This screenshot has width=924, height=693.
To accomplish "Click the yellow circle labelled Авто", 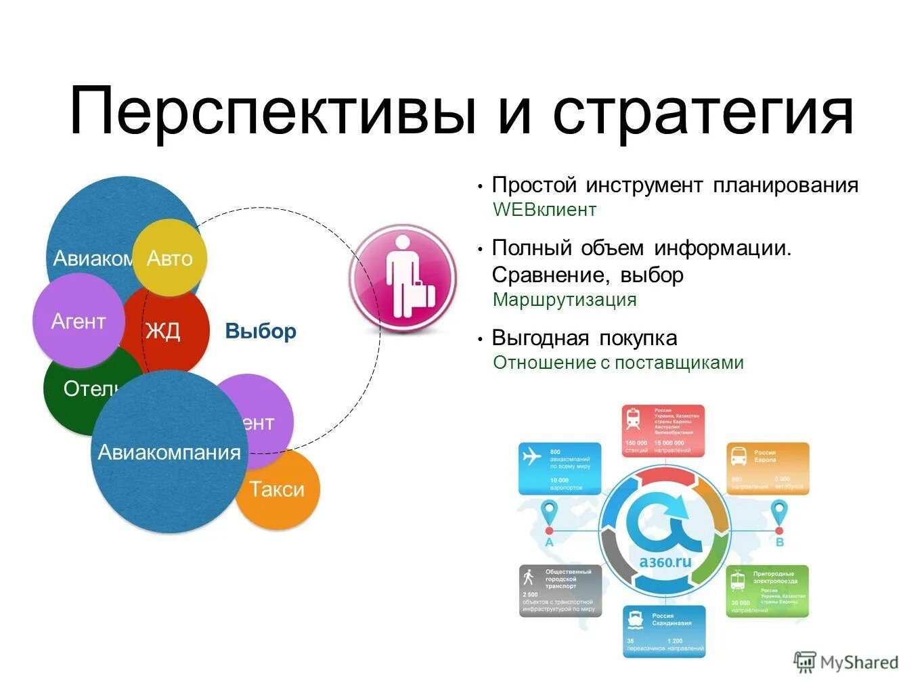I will coord(169,258).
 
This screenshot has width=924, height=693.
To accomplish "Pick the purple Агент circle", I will coord(78,321).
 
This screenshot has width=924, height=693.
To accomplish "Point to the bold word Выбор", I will coord(261,332).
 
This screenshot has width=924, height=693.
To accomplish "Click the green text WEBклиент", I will coord(544,210).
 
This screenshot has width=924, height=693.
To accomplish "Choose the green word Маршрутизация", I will coord(565,300).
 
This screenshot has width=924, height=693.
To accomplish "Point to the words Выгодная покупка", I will coord(584,338).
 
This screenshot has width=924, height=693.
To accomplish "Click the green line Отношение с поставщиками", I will coord(618,363).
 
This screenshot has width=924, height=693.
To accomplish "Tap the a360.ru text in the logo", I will coord(665,561).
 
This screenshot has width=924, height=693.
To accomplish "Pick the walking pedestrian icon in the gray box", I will coord(529,577).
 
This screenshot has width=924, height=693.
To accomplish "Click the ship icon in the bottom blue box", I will coord(635,619).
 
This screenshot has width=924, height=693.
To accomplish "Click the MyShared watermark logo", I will coord(846,662).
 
